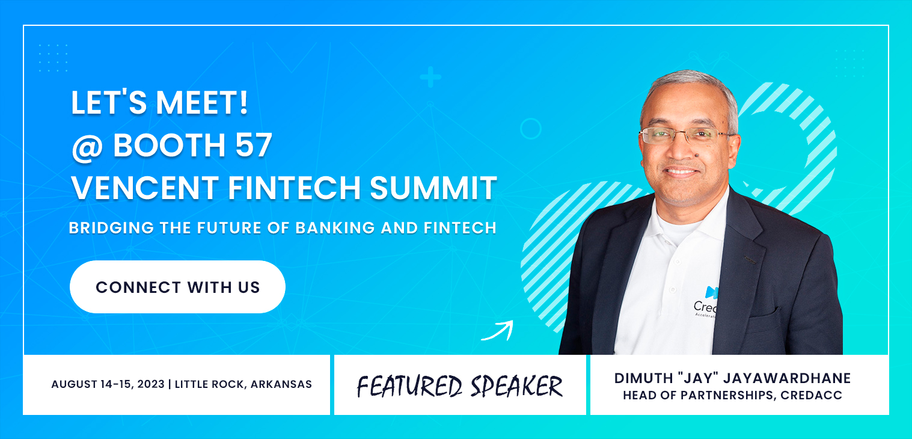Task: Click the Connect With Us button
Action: tap(177, 287)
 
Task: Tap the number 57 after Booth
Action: tap(253, 145)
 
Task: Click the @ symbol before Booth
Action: tap(88, 147)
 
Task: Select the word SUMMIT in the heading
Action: tap(433, 188)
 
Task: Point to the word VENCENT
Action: tap(145, 188)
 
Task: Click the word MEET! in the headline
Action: tap(202, 103)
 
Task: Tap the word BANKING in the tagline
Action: tap(335, 228)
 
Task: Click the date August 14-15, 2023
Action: tap(108, 384)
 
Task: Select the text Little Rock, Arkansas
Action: tap(243, 384)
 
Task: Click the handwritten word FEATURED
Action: tap(409, 386)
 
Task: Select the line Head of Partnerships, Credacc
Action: tap(732, 395)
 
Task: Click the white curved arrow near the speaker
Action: tap(498, 331)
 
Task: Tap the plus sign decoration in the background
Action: tap(430, 77)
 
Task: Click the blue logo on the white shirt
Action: tap(711, 292)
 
